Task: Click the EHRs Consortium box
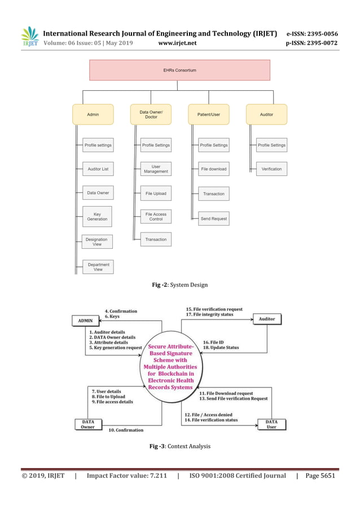(x=179, y=70)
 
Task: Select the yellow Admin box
(x=93, y=115)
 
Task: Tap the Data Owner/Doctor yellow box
(x=151, y=115)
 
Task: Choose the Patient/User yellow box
(x=209, y=115)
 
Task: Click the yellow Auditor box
(x=266, y=115)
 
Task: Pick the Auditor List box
(x=98, y=169)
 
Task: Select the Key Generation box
(x=98, y=216)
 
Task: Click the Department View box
(x=98, y=267)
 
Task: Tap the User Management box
(x=156, y=169)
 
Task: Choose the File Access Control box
(x=156, y=217)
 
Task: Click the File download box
(x=214, y=169)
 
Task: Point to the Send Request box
(x=214, y=218)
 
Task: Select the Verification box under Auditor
(x=271, y=169)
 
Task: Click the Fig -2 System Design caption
(x=179, y=285)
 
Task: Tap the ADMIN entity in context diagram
(x=85, y=321)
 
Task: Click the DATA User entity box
(x=271, y=424)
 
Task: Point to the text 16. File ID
(x=213, y=341)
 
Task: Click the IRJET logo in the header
(x=29, y=37)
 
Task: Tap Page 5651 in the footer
(x=320, y=476)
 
